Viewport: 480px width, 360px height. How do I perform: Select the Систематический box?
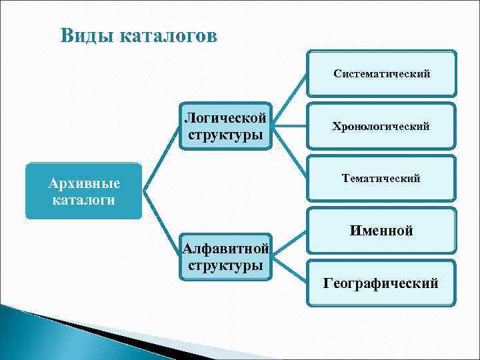(381, 73)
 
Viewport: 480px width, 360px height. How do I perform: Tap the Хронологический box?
(381, 126)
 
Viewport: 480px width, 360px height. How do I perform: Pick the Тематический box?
(381, 178)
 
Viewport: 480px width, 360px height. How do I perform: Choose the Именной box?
(381, 231)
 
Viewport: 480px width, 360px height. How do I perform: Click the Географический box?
(381, 283)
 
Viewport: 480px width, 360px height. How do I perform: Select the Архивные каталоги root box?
(84, 191)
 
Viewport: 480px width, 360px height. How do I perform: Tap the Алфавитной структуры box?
(225, 257)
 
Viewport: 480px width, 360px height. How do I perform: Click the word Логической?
(225, 118)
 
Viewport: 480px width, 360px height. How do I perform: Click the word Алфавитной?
(225, 249)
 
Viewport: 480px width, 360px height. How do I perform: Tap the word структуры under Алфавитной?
(225, 265)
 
